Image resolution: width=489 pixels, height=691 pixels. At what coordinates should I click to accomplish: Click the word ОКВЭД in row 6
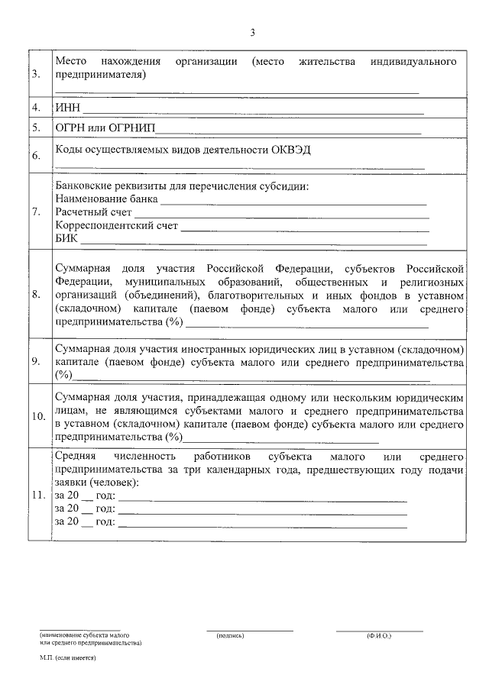[291, 150]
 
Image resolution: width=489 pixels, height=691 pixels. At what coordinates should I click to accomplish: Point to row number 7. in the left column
[37, 211]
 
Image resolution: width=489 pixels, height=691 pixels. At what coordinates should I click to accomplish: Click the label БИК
[66, 240]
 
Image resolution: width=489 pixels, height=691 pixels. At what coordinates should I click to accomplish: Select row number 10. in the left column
[38, 417]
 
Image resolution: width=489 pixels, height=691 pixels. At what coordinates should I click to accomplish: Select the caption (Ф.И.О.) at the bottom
[378, 635]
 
